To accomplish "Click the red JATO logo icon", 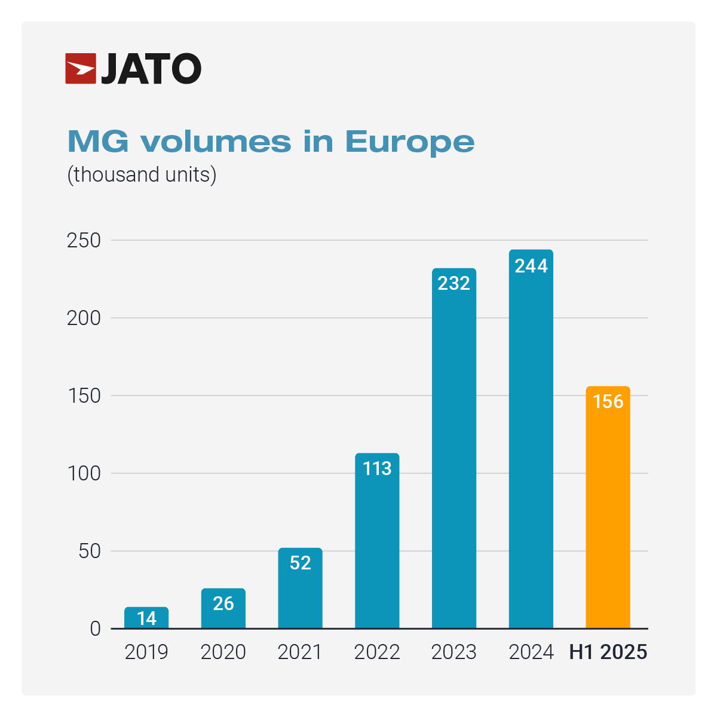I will coord(81,69).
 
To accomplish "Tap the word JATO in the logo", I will coord(151,69).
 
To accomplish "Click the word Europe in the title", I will coord(410,142).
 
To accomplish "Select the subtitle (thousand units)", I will coord(142,174).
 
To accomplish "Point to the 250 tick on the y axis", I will coord(84,240).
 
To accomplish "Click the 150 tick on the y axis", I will coord(84,396).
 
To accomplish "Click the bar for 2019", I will coord(146,618).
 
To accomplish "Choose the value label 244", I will coord(531,266).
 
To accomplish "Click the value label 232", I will coord(454,283).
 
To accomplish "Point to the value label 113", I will coord(377,468).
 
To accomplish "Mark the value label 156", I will coord(608,402).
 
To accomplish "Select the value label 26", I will coord(223,603).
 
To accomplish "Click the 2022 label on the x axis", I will coord(377,652).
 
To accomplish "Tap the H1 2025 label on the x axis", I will coord(608,652).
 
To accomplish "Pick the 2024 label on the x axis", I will coord(531,652).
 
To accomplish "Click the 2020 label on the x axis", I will coord(223,652).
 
